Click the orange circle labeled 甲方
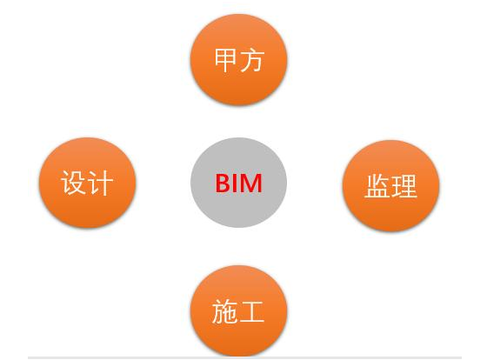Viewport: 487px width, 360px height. (238, 60)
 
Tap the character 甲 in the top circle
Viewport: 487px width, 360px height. (226, 60)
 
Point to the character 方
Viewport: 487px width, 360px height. (252, 60)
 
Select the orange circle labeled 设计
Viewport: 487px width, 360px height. (87, 183)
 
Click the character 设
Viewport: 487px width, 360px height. (74, 183)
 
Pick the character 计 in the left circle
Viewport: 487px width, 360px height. (100, 183)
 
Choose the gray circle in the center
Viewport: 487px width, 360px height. (238, 183)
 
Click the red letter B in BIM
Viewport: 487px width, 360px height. (224, 183)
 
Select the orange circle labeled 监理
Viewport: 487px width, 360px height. (390, 186)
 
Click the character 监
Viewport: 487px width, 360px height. (377, 186)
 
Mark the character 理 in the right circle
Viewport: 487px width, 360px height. (404, 186)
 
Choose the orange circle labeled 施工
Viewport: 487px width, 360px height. (238, 311)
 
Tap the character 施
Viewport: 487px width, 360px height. (225, 311)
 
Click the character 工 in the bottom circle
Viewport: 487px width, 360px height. (251, 312)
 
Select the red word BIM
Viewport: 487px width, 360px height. (239, 183)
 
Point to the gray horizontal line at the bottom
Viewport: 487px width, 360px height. (244, 357)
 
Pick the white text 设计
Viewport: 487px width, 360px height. (87, 183)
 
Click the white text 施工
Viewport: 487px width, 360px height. (238, 311)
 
